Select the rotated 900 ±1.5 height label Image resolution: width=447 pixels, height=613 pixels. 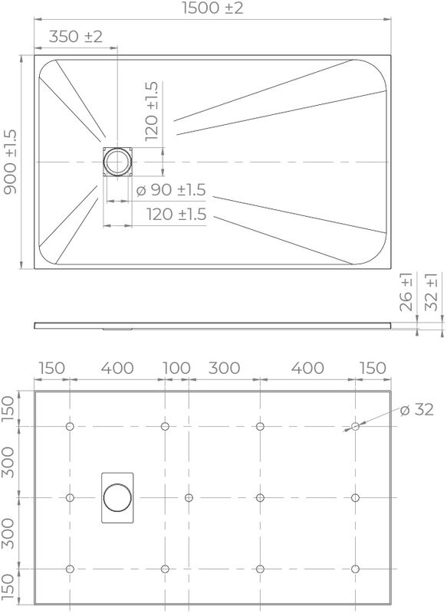pyautogui.click(x=11, y=162)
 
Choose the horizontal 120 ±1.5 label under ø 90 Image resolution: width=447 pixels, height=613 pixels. pyautogui.click(x=177, y=215)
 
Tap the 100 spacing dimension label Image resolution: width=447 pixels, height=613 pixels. pyautogui.click(x=176, y=369)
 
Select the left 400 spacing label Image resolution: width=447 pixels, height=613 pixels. pyautogui.click(x=117, y=369)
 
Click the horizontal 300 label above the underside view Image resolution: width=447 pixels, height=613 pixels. pyautogui.click(x=224, y=369)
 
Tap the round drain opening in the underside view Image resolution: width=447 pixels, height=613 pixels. pyautogui.click(x=117, y=497)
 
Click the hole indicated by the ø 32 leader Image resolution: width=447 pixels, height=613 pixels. pyautogui.click(x=355, y=426)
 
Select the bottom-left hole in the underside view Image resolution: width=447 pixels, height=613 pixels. pyautogui.click(x=70, y=569)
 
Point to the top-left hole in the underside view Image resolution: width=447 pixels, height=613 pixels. pyautogui.click(x=70, y=426)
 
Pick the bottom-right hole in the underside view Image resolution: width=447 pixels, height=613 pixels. pyautogui.click(x=355, y=569)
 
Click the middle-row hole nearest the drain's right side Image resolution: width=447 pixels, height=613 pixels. pyautogui.click(x=189, y=497)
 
